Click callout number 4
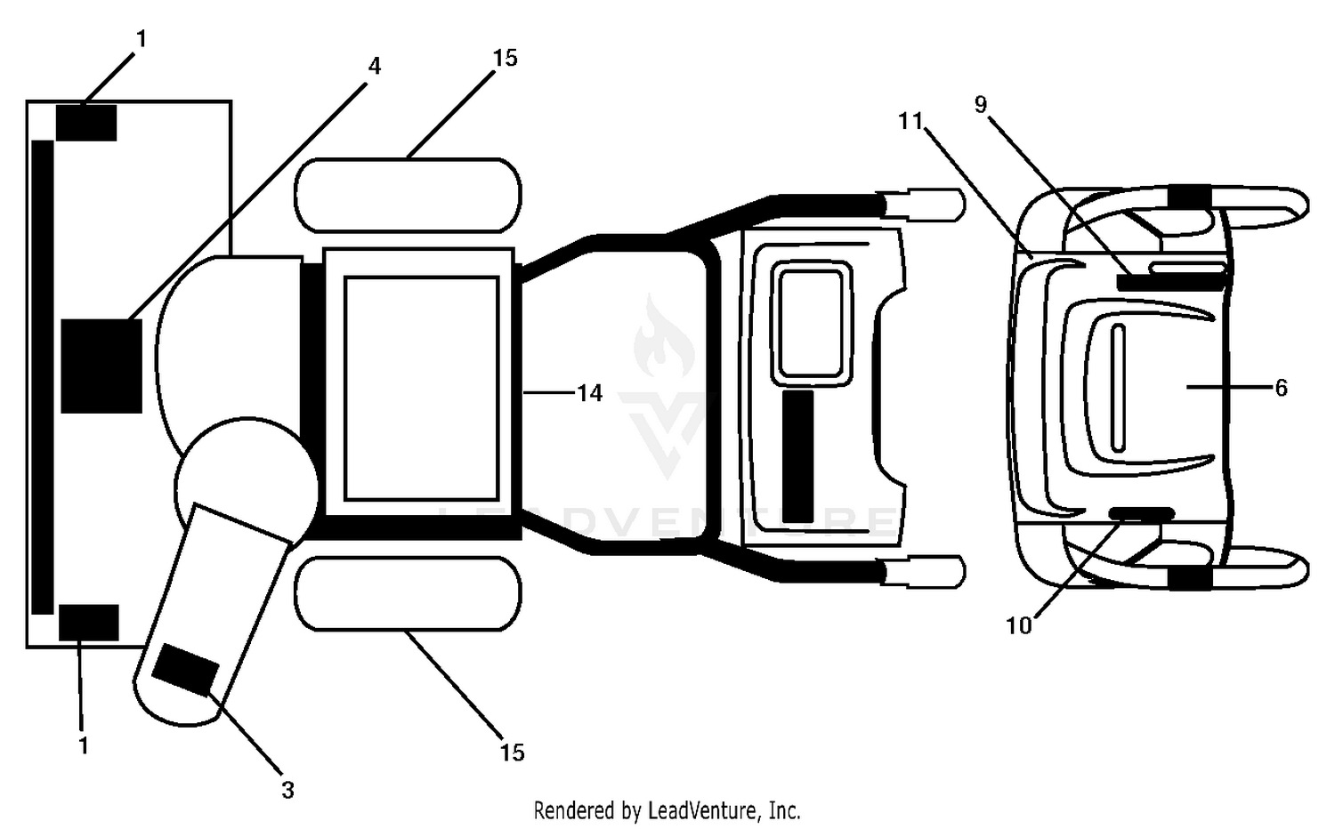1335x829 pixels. pos(374,66)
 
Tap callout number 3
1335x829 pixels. pos(287,790)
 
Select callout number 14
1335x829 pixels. pos(589,393)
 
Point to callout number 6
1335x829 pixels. pos(1281,388)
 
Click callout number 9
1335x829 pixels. pos(981,105)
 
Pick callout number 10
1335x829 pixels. pos(1018,625)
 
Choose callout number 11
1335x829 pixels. pos(910,122)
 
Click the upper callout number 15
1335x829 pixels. pos(505,59)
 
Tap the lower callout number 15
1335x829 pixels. pos(512,753)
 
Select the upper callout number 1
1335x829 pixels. pos(141,39)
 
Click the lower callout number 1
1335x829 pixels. pos(84,745)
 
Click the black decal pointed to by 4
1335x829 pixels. pos(101,366)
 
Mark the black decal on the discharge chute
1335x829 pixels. pos(185,670)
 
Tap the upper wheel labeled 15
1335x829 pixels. pos(409,196)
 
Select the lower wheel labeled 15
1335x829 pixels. pos(409,594)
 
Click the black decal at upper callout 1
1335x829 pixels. pos(85,123)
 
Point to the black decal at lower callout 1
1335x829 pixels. pos(88,623)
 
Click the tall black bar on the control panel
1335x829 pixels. pos(798,457)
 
